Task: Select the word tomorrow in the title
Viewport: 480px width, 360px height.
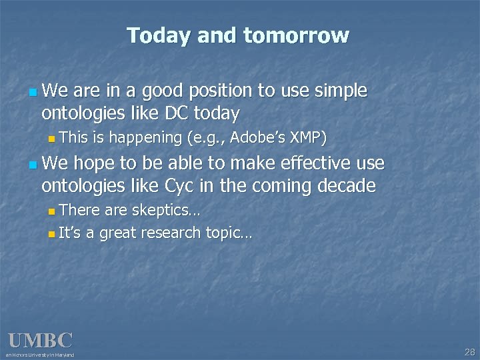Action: coord(296,35)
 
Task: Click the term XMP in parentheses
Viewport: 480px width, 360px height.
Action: coord(307,138)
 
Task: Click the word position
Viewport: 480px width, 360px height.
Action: coord(224,91)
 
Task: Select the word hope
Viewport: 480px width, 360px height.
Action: coord(91,162)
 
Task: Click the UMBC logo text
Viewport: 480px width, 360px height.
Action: coord(39,340)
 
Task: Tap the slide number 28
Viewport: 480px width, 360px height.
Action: coord(469,351)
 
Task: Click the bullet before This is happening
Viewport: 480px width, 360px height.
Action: coord(53,139)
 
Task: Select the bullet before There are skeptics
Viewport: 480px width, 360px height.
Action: coord(53,211)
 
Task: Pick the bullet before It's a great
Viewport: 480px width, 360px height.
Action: coord(53,233)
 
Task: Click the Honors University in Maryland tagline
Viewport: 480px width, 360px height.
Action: coord(40,355)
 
